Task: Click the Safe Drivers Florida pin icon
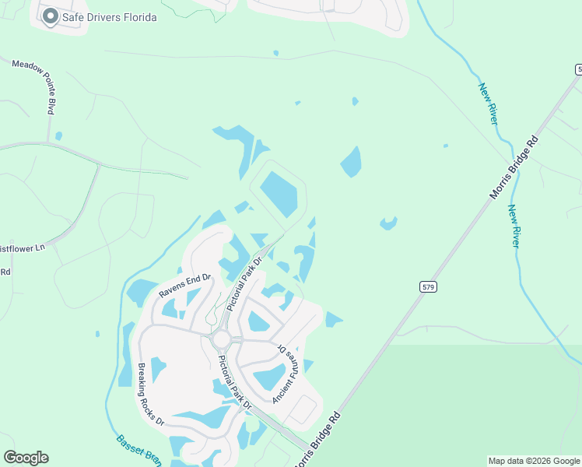coord(51,16)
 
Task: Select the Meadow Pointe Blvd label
coord(33,85)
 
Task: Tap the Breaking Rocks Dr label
coord(151,394)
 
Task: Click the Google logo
coord(26,458)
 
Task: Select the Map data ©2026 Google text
coord(535,461)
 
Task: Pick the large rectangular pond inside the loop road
coord(279,195)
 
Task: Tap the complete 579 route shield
coord(428,287)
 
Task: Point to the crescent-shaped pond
coord(387,224)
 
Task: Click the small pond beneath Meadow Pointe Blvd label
coord(58,136)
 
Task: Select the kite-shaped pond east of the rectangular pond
coord(351,161)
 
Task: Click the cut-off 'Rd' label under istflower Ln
coord(5,272)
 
